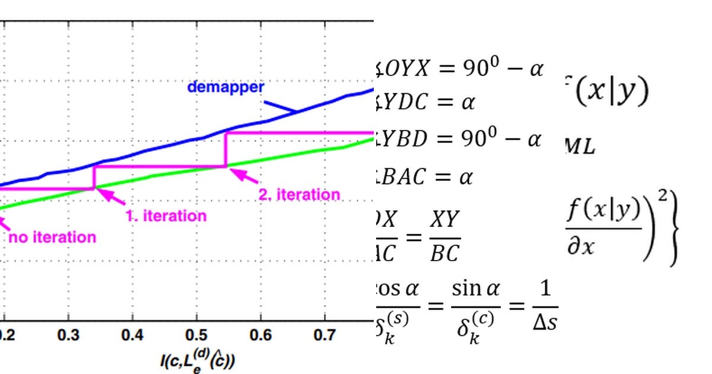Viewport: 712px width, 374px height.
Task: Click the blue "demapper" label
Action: pos(225,87)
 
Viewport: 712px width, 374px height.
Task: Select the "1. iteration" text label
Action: pos(166,215)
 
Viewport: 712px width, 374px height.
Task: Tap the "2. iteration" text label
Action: pos(300,194)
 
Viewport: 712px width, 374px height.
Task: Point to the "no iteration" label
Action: pos(52,237)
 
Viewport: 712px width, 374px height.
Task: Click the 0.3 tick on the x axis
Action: pos(69,335)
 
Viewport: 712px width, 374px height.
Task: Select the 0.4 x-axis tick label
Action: pos(132,335)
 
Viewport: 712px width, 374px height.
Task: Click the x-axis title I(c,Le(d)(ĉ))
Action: pos(196,359)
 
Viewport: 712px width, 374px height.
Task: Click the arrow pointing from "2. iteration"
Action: pos(243,175)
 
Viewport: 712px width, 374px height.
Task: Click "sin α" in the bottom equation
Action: pos(476,290)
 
